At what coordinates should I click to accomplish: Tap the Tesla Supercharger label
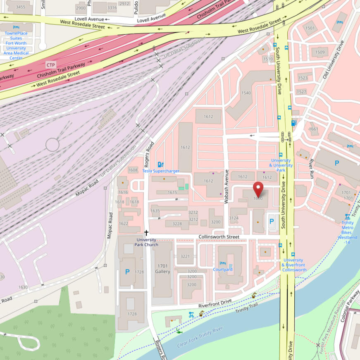[161, 171]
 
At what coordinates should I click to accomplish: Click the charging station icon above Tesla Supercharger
[160, 164]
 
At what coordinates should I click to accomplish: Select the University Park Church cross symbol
[146, 233]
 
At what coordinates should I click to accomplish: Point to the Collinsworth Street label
[219, 237]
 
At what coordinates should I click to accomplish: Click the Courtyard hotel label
[222, 269]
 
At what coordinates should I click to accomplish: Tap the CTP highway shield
[50, 65]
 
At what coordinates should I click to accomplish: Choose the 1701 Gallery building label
[162, 269]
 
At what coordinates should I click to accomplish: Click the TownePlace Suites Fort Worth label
[16, 45]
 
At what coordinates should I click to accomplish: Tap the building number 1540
[246, 93]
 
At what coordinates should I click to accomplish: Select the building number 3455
[20, 7]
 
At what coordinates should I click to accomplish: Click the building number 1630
[23, 287]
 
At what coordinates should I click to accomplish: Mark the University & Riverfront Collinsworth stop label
[294, 265]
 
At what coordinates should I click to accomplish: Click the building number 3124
[234, 218]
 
